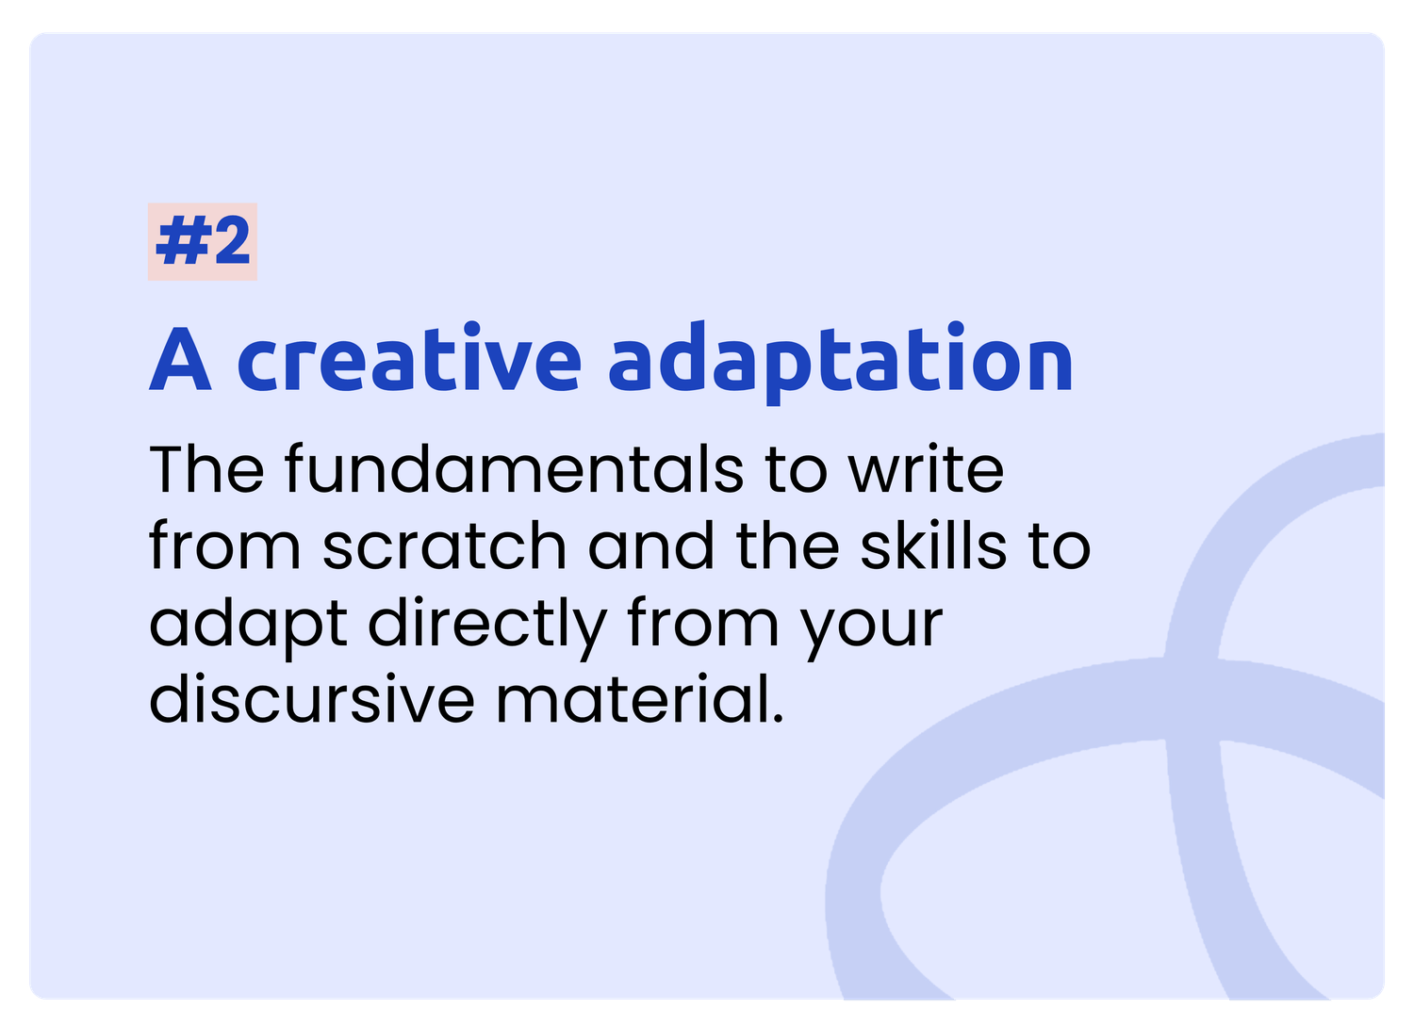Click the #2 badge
(202, 241)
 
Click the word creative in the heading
(409, 358)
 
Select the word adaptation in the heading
(840, 362)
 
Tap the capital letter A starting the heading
(180, 359)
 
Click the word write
(926, 469)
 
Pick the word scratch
(444, 546)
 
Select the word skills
(933, 546)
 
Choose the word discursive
(311, 698)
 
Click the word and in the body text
(650, 546)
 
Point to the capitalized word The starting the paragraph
(206, 469)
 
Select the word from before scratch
(224, 546)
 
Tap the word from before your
(702, 622)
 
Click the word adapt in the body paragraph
(248, 628)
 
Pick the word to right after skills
(1060, 546)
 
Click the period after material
(778, 718)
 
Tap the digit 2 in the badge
(232, 240)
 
